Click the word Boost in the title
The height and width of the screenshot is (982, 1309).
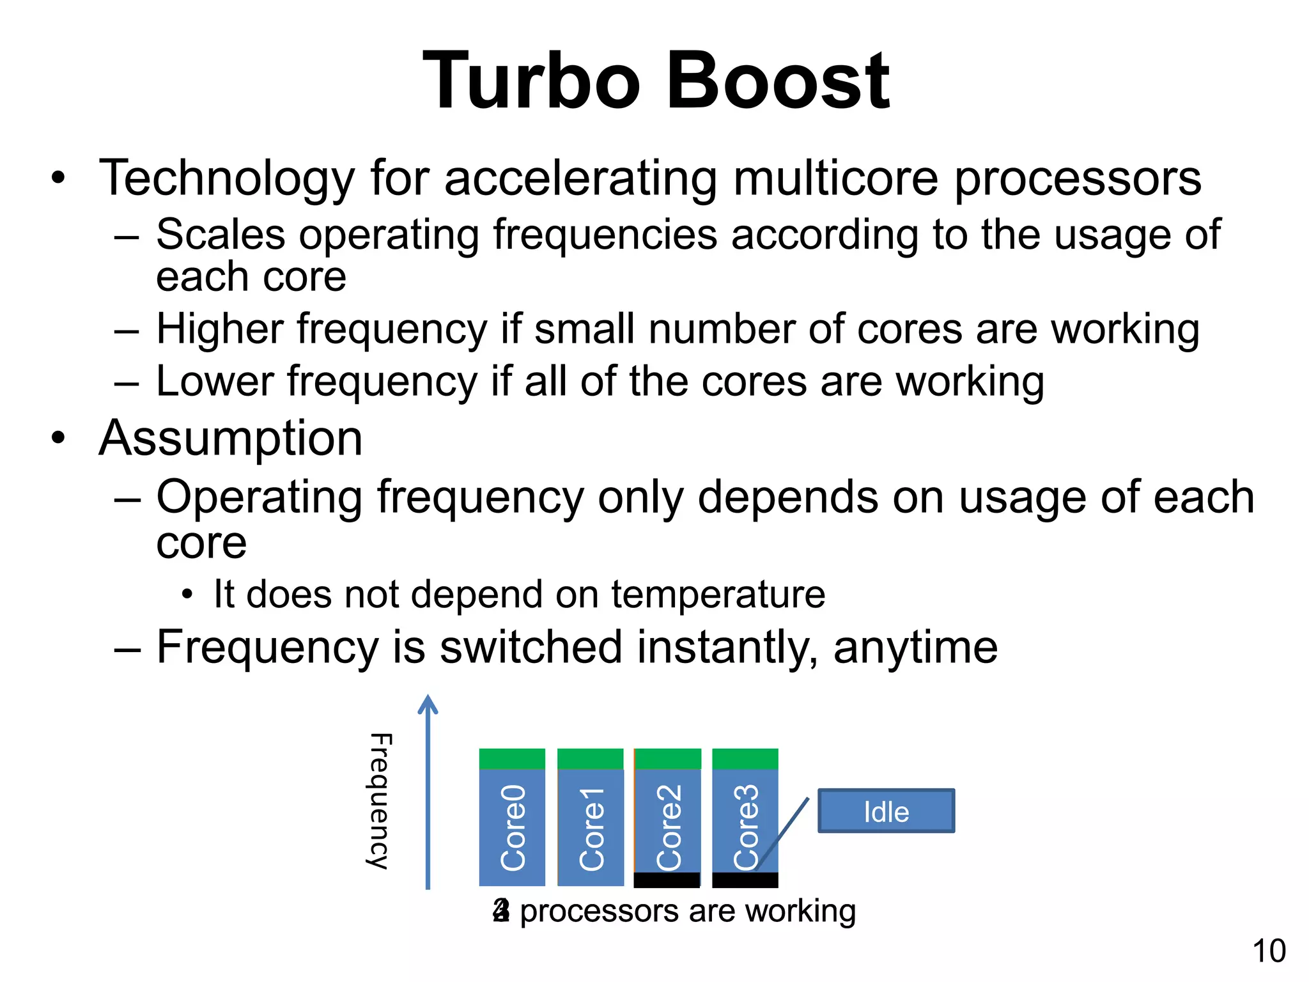(x=778, y=82)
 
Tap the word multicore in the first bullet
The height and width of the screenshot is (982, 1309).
(x=835, y=178)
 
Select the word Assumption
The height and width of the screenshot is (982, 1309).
(x=231, y=439)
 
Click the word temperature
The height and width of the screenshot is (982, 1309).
(x=718, y=595)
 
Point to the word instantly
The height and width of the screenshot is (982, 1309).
(x=727, y=647)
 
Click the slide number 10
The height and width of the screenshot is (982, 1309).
(x=1269, y=951)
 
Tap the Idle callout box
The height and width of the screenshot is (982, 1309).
(x=886, y=811)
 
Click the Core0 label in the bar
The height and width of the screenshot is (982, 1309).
(x=513, y=828)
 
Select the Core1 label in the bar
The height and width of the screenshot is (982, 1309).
(x=591, y=829)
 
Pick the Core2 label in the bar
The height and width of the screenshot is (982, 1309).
(x=669, y=828)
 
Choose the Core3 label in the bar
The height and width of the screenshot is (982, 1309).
(x=746, y=828)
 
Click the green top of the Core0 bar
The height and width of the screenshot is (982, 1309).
(x=512, y=759)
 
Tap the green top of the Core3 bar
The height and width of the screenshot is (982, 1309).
(x=745, y=759)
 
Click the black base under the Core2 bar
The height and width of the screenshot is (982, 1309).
(x=667, y=880)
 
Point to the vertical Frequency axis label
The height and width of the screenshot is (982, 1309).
(x=380, y=800)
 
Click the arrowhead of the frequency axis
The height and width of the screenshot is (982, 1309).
(x=428, y=705)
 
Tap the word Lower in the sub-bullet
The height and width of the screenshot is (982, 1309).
(x=215, y=382)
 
